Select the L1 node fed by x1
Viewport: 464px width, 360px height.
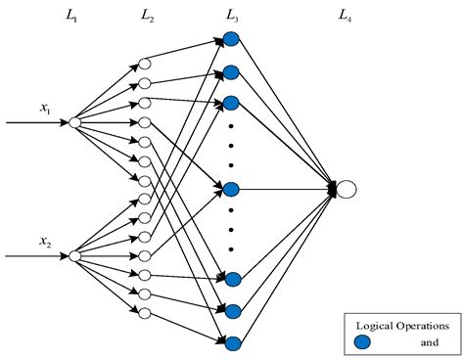(74, 123)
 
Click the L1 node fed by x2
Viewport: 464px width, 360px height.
(74, 255)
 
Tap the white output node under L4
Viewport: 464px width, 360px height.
(347, 189)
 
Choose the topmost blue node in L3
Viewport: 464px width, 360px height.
(231, 40)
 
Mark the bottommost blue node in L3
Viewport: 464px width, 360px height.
(232, 342)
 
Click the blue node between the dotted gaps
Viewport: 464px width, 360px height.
(231, 189)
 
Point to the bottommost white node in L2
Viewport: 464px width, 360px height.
(145, 313)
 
